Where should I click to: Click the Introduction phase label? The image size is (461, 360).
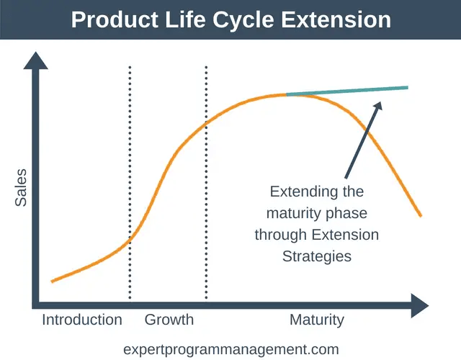81,320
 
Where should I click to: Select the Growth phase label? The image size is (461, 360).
169,320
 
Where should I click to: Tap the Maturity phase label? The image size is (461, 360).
317,320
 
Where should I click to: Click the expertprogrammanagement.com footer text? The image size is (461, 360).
230,348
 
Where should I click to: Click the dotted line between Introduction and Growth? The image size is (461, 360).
130,180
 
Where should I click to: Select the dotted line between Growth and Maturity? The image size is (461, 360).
207,180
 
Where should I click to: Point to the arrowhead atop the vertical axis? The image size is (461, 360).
32,62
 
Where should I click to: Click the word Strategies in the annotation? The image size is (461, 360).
317,256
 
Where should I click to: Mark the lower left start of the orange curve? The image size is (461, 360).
52,281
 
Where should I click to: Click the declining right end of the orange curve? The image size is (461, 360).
420,215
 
